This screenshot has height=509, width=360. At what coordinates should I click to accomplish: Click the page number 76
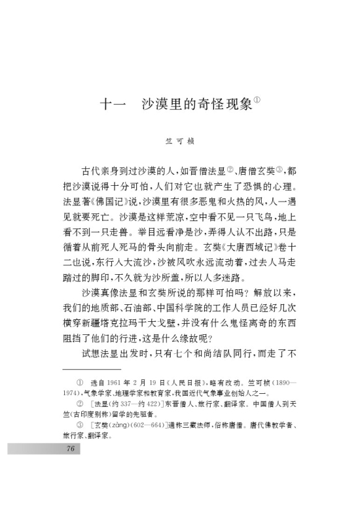70,449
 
